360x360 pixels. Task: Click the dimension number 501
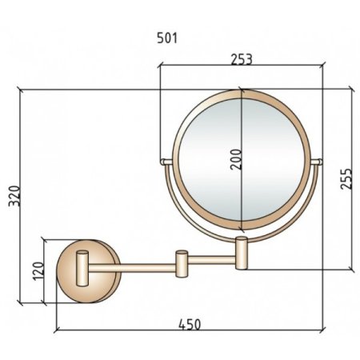(167, 38)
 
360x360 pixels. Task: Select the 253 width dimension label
(242, 59)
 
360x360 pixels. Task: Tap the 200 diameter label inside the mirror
(236, 159)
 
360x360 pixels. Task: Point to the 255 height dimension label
(346, 178)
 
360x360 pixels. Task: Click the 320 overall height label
(14, 196)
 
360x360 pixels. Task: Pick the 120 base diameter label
(38, 271)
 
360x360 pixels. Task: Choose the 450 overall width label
(190, 325)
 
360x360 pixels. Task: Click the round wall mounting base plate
(89, 271)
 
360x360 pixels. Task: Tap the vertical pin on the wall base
(82, 268)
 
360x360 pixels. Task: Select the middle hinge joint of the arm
(182, 264)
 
